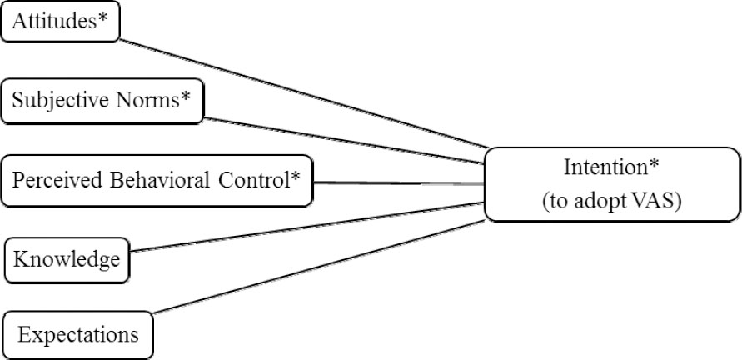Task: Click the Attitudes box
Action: pyautogui.click(x=62, y=22)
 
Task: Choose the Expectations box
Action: pyautogui.click(x=78, y=336)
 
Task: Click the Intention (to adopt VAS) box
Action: pyautogui.click(x=612, y=184)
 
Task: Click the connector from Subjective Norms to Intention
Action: pyautogui.click(x=341, y=138)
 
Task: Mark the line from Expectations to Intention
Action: pyautogui.click(x=316, y=267)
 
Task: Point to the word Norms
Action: pyautogui.click(x=147, y=102)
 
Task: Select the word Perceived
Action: pyautogui.click(x=50, y=178)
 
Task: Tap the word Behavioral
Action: pyautogui.click(x=145, y=178)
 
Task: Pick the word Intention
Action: pyautogui.click(x=604, y=167)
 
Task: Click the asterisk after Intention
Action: pyautogui.click(x=655, y=164)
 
